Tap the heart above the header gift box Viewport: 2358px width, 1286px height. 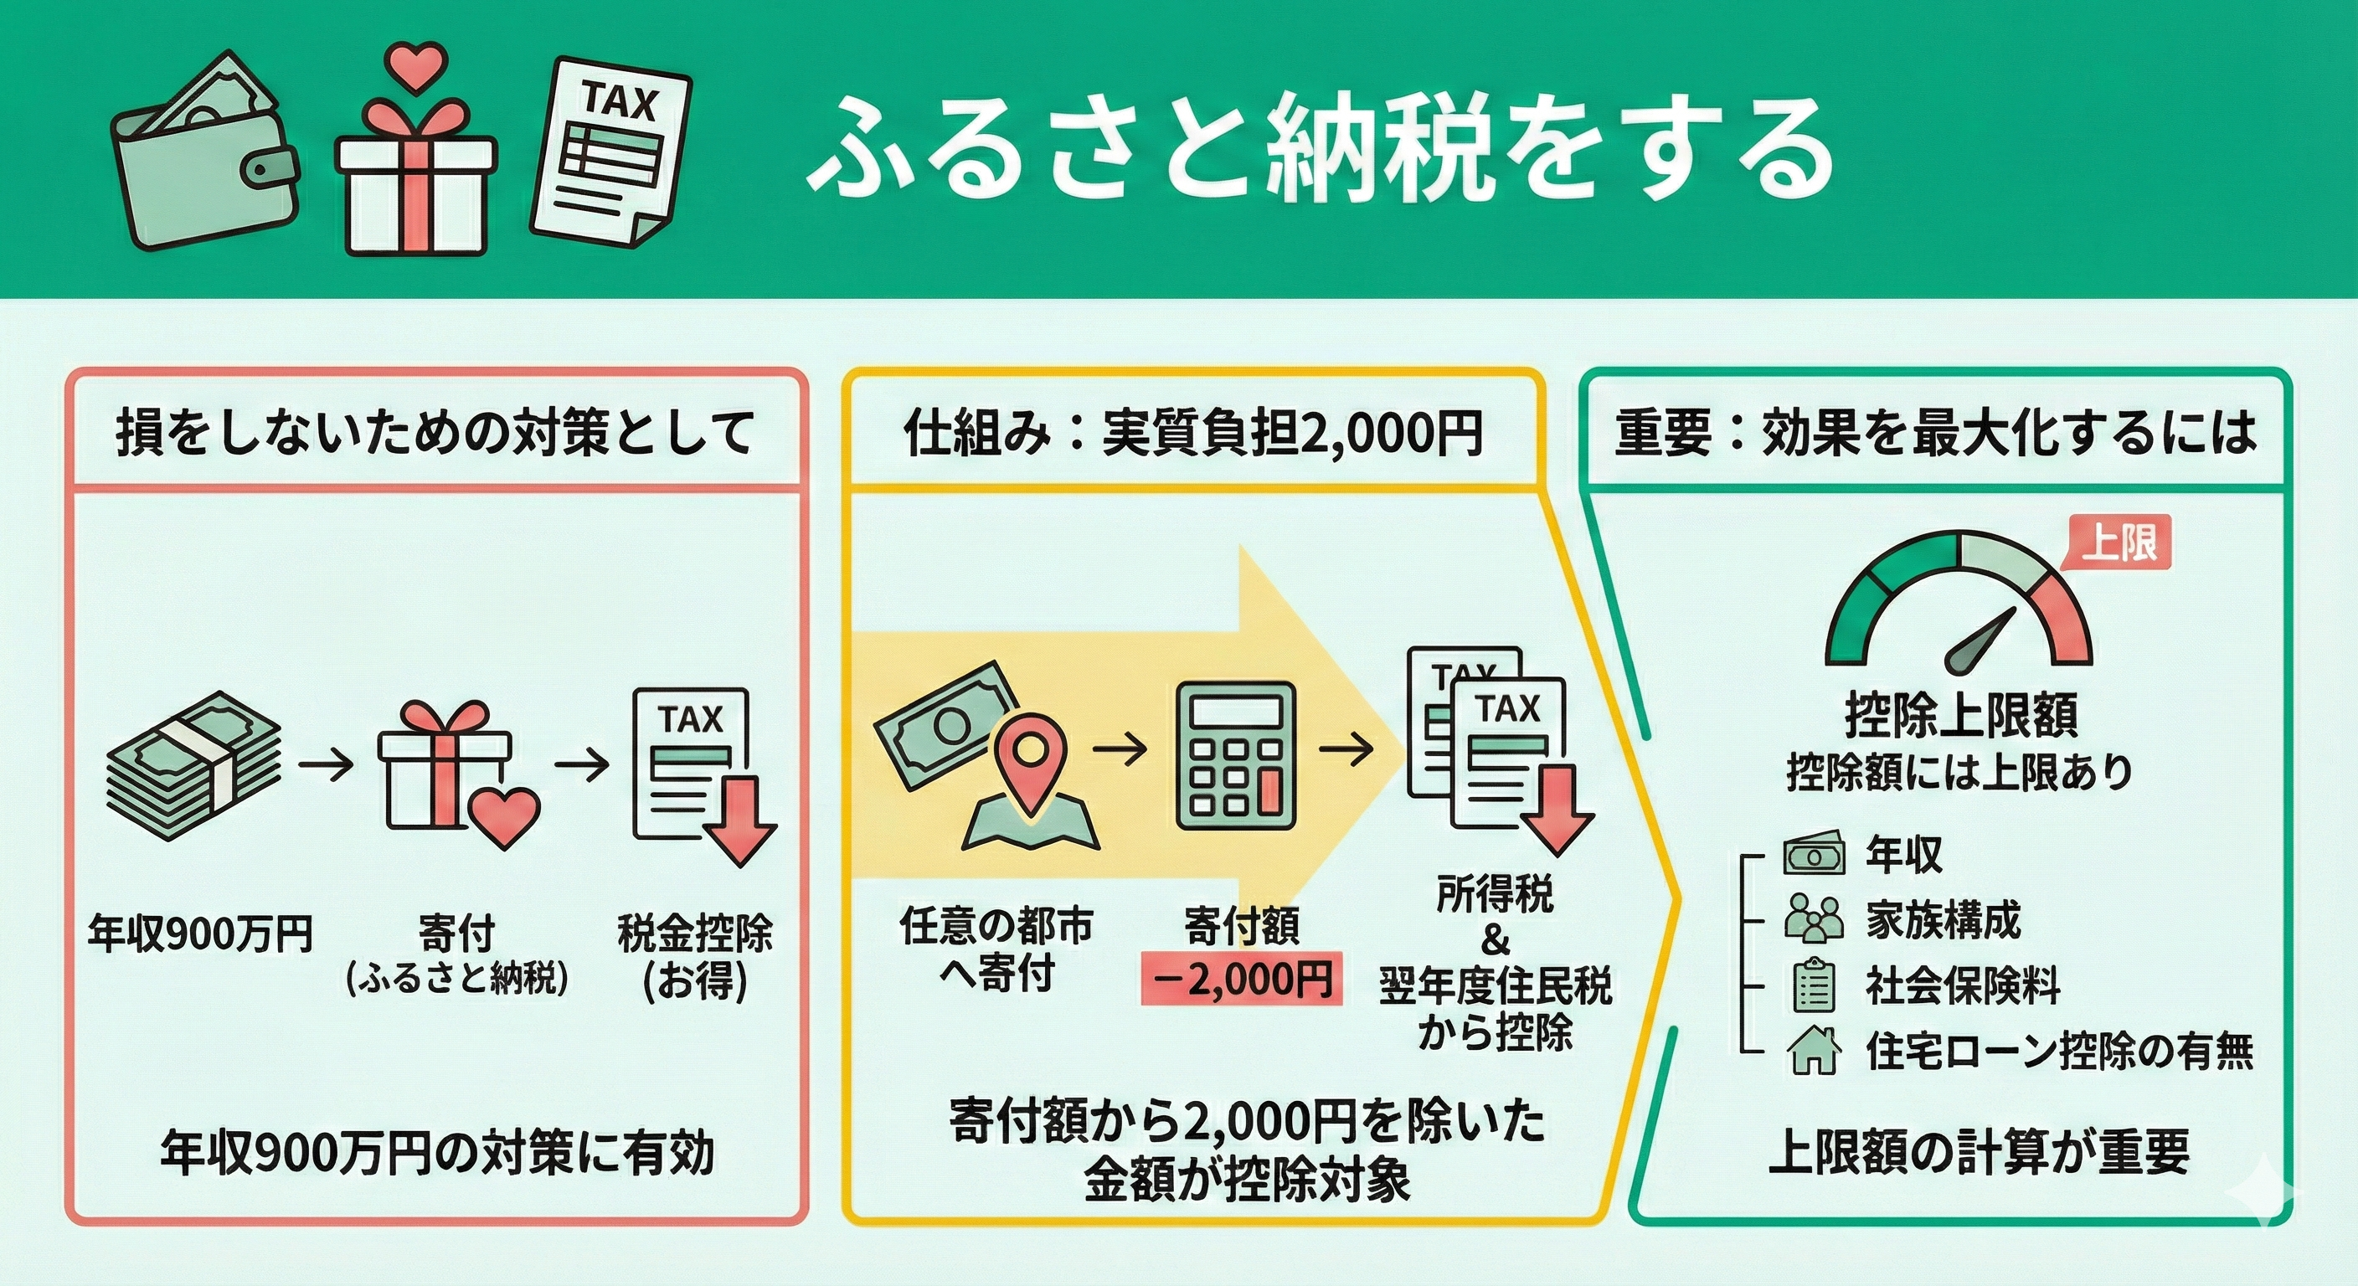coord(414,66)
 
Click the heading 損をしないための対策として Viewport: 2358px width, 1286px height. coord(435,433)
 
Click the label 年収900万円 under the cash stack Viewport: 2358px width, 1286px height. coord(200,933)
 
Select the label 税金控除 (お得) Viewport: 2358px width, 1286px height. coord(695,956)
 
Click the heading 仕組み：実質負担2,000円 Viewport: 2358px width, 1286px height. coord(1192,433)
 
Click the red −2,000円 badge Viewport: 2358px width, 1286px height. coord(1242,980)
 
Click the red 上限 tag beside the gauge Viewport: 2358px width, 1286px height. coord(2119,543)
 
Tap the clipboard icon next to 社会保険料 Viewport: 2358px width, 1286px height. coord(1814,985)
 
